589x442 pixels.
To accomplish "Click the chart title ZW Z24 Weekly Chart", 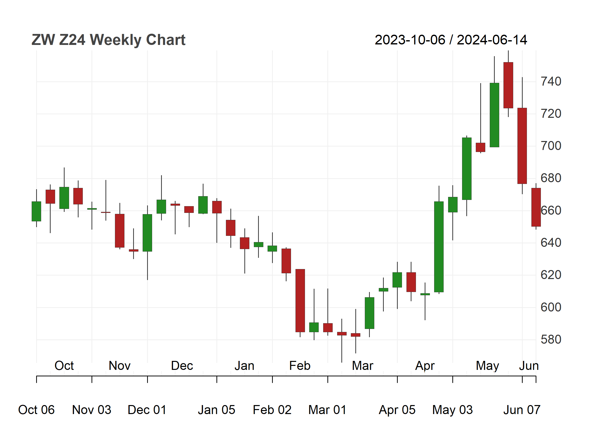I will [108, 40].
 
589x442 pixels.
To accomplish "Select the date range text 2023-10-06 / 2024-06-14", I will [451, 40].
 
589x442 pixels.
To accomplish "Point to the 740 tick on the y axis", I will [551, 81].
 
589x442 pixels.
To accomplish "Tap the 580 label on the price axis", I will [551, 339].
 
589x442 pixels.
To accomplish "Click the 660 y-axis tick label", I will [551, 210].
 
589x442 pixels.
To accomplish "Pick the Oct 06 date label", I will [36, 410].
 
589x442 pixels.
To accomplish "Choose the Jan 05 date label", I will [216, 410].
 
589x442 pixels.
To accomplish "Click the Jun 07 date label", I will [522, 410].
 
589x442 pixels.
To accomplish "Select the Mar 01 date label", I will [327, 410].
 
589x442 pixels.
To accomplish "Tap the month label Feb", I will [300, 366].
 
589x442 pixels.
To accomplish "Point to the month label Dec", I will [182, 366].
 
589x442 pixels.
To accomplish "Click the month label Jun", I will [529, 366].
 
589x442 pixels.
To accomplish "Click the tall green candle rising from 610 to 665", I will [439, 247].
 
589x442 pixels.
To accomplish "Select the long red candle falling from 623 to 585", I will [300, 300].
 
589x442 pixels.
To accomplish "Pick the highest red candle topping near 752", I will [508, 85].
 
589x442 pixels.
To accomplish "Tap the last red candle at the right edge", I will [536, 207].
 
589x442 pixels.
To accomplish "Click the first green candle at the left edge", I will [36, 211].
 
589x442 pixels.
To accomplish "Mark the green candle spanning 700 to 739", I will [494, 115].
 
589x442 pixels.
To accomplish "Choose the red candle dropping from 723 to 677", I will [522, 146].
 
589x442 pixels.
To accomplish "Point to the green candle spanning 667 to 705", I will [467, 169].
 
